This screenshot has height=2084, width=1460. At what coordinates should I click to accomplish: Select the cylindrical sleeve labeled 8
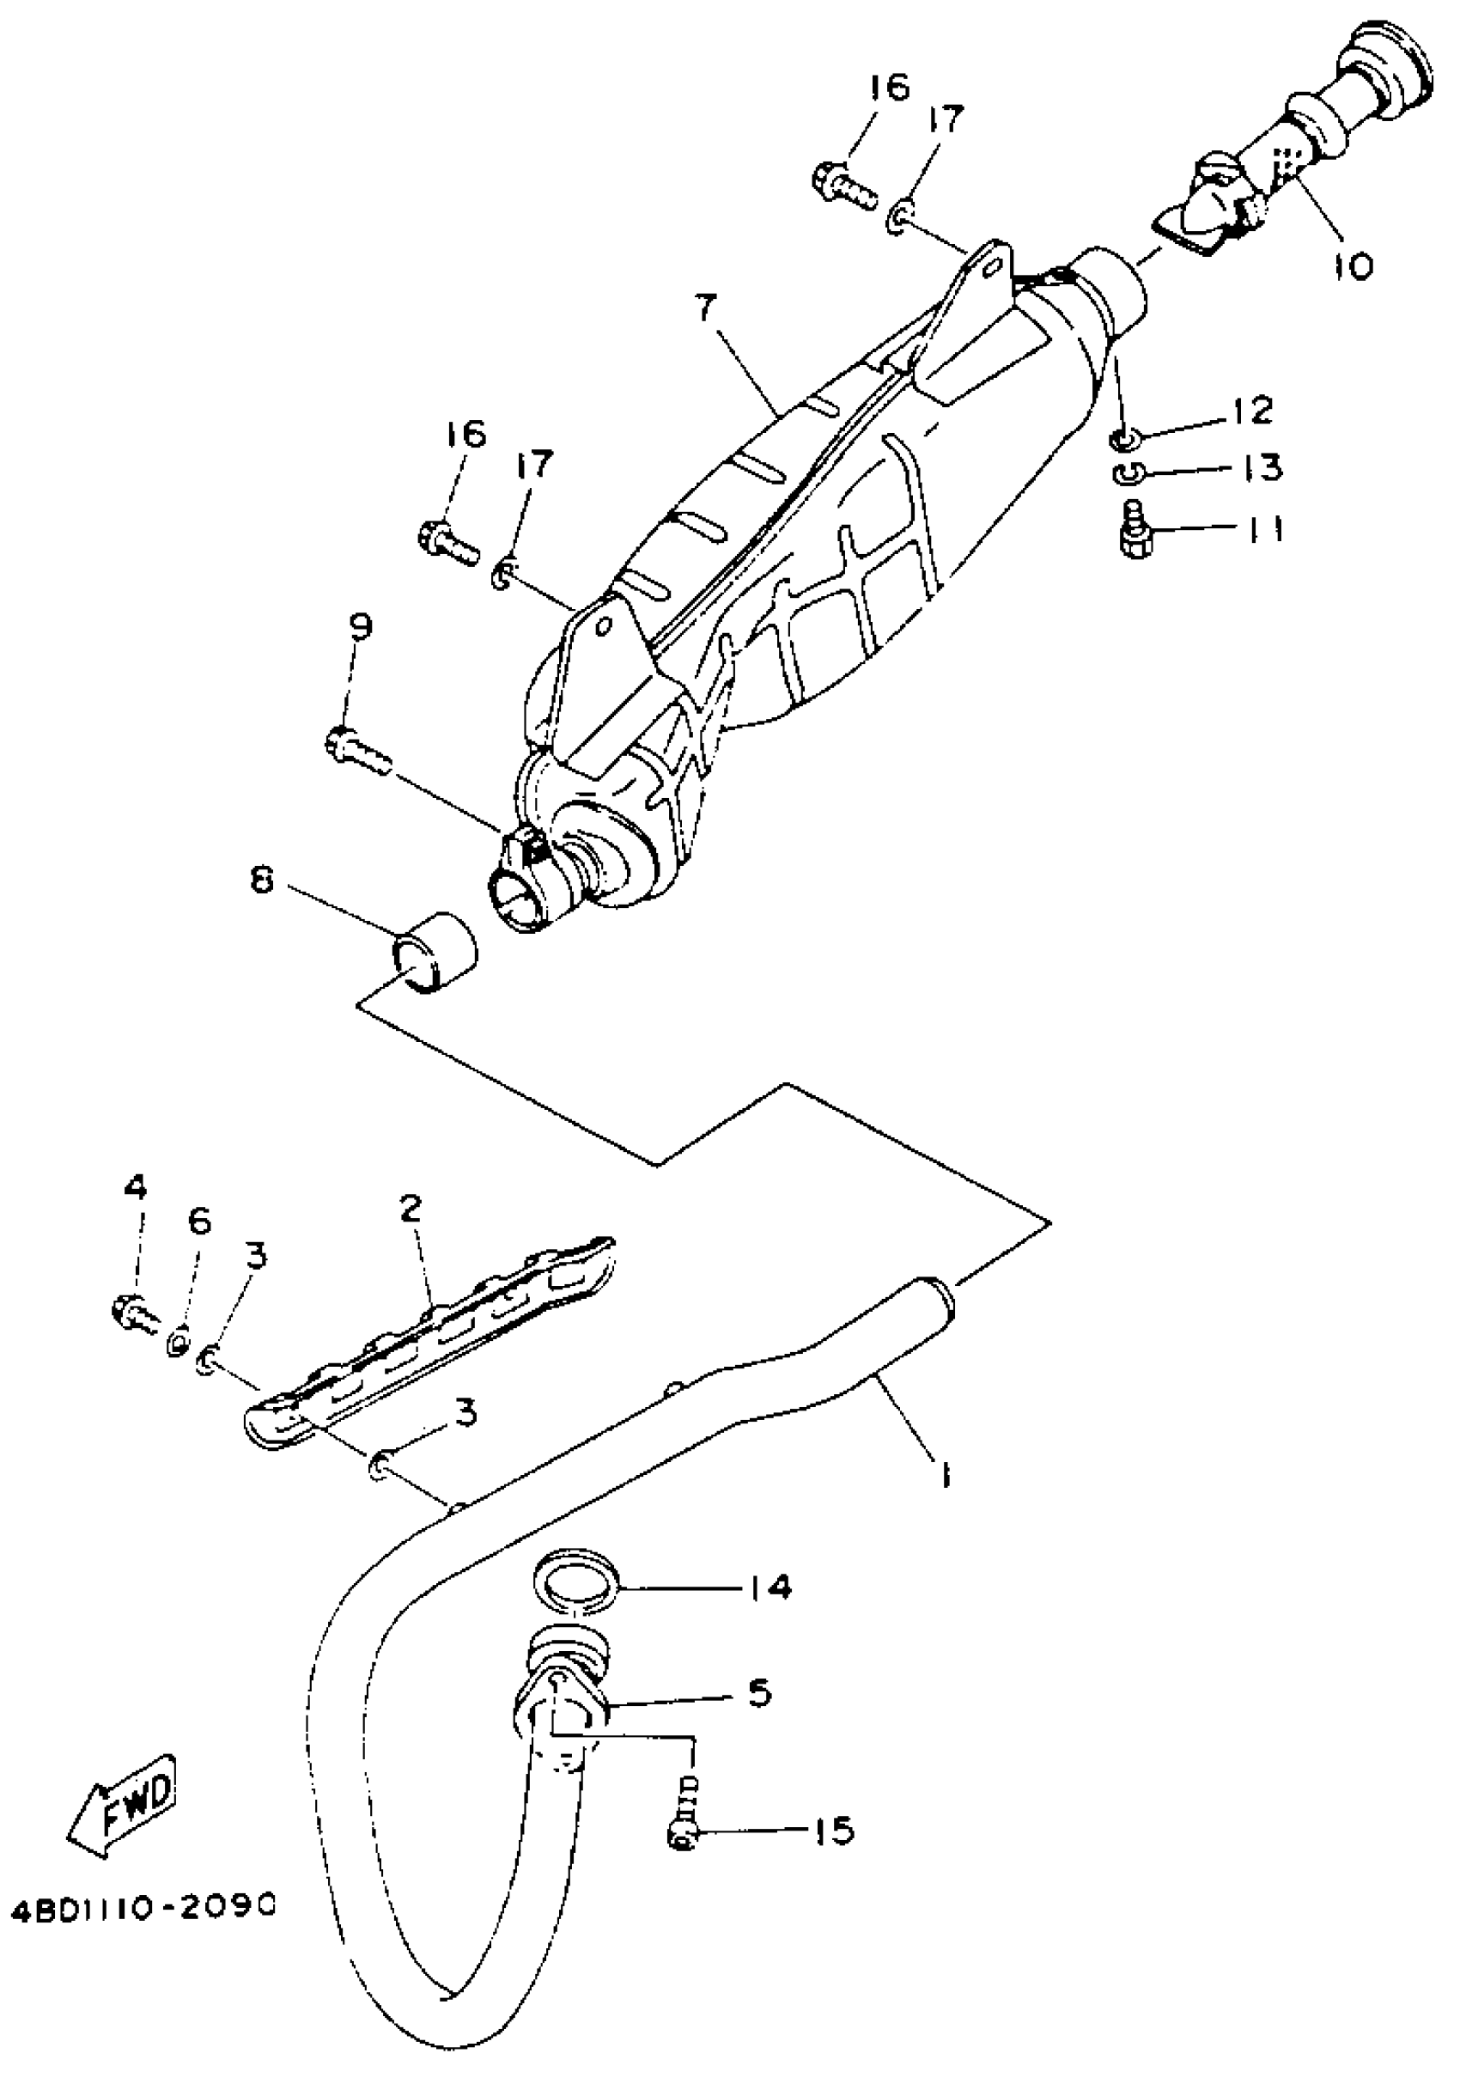pos(434,951)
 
